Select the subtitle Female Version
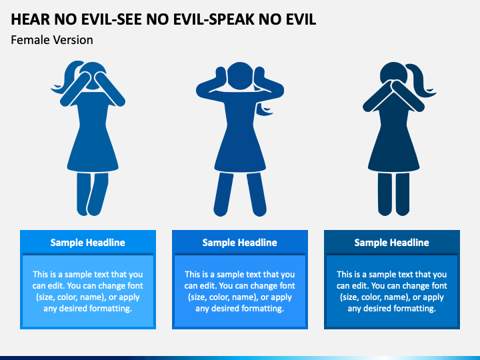(x=52, y=40)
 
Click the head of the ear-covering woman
(x=239, y=73)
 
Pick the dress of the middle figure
(x=239, y=143)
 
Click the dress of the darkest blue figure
(x=393, y=143)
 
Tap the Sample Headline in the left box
(x=88, y=243)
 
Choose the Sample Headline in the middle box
(x=240, y=243)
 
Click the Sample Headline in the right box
(x=392, y=243)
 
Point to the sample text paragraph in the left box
(x=88, y=291)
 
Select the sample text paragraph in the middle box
(x=240, y=291)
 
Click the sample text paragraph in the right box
(x=392, y=291)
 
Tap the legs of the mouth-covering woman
(x=393, y=193)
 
